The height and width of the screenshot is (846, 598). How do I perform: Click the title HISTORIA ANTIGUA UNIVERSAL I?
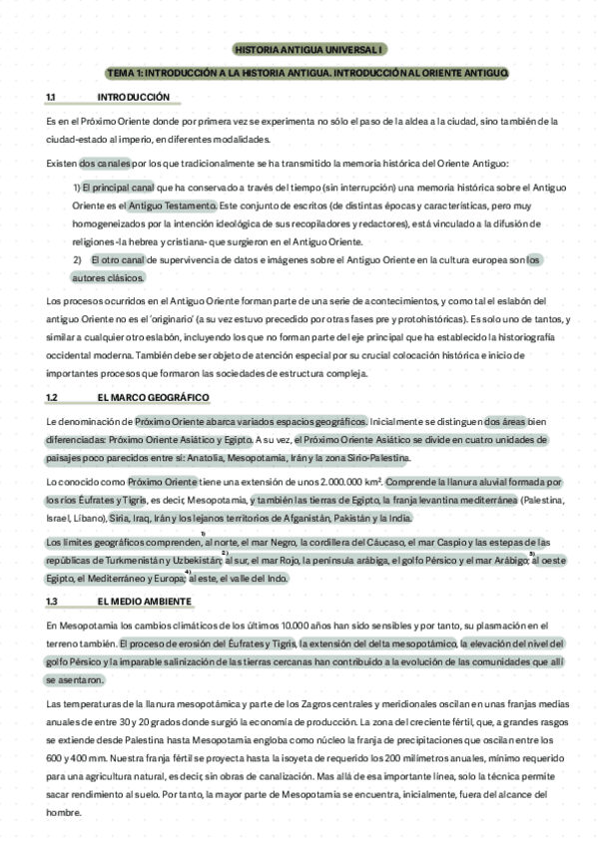pos(308,49)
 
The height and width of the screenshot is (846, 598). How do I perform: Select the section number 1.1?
pos(51,97)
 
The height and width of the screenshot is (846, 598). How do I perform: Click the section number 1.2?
pos(51,397)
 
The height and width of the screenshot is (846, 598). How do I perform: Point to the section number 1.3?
pos(51,602)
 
